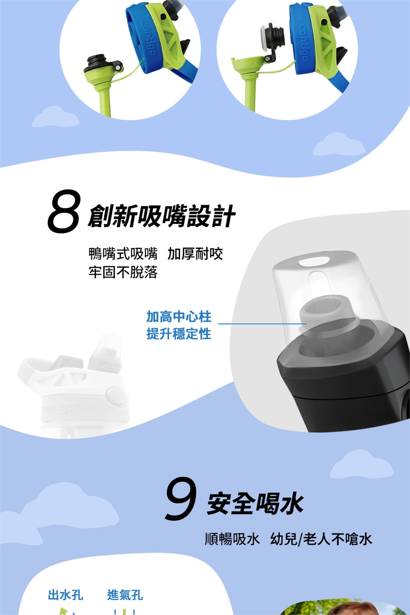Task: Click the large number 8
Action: [64, 211]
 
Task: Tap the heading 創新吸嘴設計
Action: [161, 216]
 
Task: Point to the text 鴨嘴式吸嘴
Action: [123, 253]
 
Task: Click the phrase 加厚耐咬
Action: [195, 253]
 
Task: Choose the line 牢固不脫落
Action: [123, 272]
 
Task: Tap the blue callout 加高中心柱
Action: [179, 316]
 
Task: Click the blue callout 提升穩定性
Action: [179, 334]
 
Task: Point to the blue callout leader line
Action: [262, 324]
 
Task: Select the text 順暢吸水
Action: [232, 539]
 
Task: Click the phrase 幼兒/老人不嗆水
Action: [321, 539]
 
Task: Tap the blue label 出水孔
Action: [65, 595]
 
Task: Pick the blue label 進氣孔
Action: [125, 595]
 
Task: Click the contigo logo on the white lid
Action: [58, 408]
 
